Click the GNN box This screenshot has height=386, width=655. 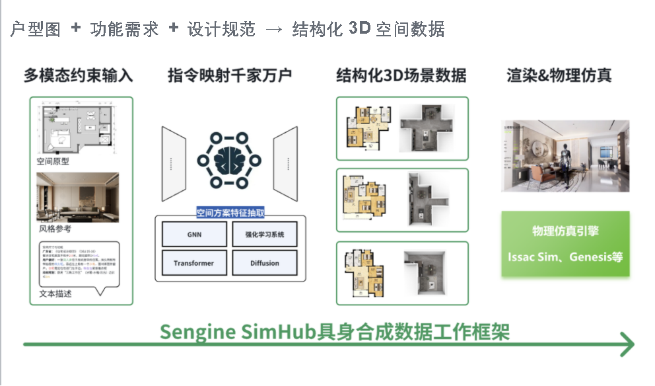(193, 235)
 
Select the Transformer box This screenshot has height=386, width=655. (193, 263)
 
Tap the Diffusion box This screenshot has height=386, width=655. (264, 263)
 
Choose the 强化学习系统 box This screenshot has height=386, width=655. (264, 235)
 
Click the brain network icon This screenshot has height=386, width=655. (229, 161)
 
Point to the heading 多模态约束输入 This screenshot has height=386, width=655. (78, 75)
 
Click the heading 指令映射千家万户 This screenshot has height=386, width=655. (229, 75)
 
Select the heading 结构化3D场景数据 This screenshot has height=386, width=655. (401, 75)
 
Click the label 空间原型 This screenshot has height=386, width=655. (53, 161)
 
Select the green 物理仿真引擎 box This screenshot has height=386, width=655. (565, 243)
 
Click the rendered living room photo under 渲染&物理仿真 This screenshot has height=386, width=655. (565, 156)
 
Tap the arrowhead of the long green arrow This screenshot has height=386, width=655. (627, 344)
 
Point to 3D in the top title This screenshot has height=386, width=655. (359, 29)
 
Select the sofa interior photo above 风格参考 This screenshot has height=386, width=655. (77, 197)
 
